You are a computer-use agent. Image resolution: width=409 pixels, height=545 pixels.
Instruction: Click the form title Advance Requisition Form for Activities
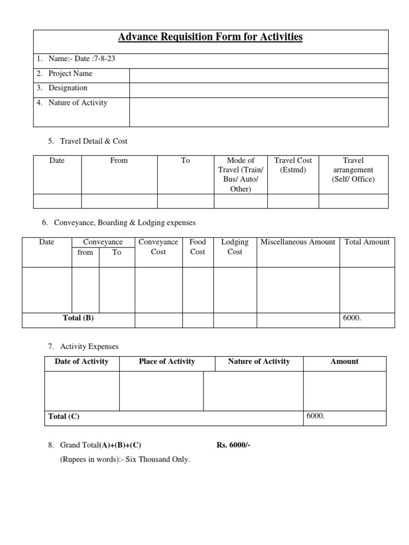coord(210,37)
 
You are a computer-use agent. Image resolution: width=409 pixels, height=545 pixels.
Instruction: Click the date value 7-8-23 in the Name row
coord(103,59)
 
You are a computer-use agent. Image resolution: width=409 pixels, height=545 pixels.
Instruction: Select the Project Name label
coord(70,73)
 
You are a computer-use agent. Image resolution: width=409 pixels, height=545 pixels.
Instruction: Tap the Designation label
coord(68,88)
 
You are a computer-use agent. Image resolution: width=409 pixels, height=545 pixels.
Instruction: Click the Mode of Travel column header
coord(240,174)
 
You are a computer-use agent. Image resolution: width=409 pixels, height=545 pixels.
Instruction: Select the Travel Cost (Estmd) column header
coord(292,165)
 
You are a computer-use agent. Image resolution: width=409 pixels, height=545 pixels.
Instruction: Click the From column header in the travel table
coord(119,160)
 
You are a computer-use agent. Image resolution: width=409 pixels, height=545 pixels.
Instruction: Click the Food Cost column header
coord(198,247)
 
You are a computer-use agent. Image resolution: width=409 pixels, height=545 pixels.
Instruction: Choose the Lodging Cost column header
coord(234,247)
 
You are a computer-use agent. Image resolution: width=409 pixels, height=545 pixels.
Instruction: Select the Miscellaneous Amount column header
coord(298,242)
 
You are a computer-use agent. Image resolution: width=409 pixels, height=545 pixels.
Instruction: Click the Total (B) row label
coord(78,318)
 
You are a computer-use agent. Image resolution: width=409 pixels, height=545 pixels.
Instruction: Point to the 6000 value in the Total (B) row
coord(353,318)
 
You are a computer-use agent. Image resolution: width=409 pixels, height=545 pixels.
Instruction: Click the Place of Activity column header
coord(167,361)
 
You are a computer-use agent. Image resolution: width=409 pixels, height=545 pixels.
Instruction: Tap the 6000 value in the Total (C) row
coord(315,416)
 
